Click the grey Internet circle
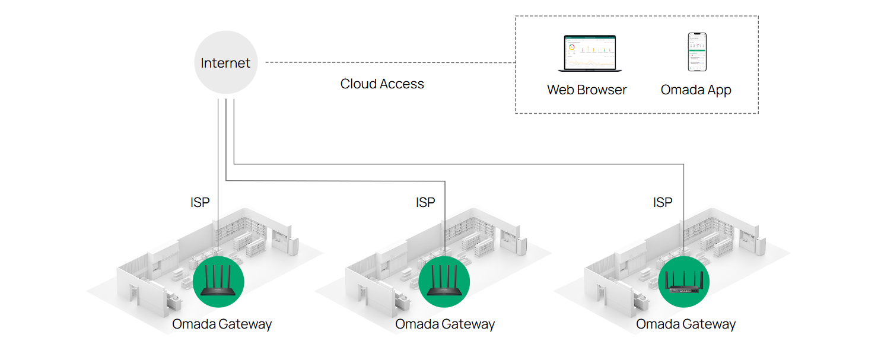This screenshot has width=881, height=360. tap(225, 63)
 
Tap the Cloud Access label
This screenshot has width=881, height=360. tap(382, 84)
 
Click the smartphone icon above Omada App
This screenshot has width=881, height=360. tap(697, 52)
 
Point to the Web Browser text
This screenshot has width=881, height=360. tap(587, 90)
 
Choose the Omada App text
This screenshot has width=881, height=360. tap(696, 90)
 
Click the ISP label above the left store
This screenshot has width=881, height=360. tap(200, 203)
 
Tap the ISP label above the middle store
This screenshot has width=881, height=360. tap(425, 203)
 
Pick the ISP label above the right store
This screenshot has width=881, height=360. tap(663, 203)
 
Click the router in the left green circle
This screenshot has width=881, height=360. tap(218, 282)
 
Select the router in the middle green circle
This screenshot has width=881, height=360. tap(444, 282)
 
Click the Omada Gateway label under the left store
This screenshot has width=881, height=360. tap(222, 324)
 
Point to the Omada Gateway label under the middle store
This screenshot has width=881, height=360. tap(445, 324)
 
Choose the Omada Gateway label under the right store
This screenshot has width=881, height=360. tap(686, 324)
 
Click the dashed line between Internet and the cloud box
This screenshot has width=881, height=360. tap(389, 62)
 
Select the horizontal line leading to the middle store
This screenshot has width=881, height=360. tap(335, 181)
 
